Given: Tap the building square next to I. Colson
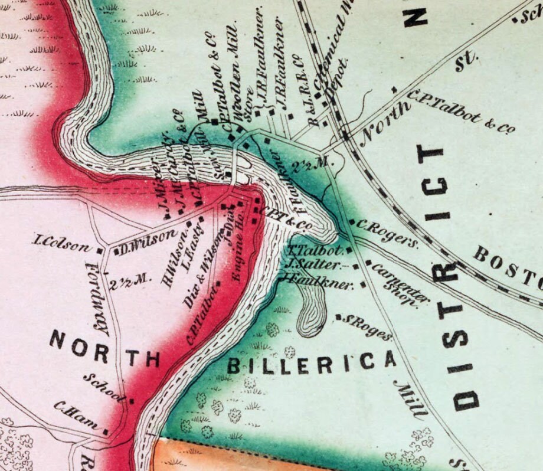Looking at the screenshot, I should (100, 250).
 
